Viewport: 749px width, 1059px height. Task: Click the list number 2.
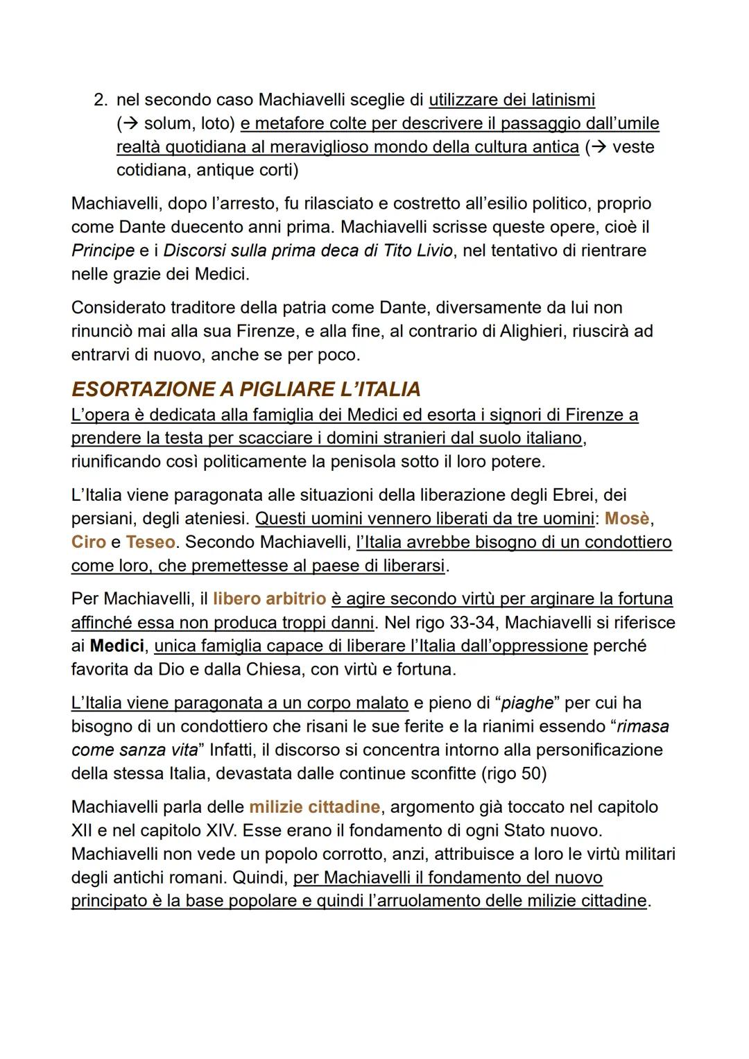[x=99, y=101]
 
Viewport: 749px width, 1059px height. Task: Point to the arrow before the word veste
[x=596, y=147]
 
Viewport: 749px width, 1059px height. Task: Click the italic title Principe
[x=103, y=250]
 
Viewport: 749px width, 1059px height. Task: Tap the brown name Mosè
[x=627, y=519]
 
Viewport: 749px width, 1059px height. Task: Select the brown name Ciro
[x=88, y=542]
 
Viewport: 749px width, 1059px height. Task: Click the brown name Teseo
[x=150, y=542]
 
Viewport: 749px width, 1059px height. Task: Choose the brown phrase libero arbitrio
[x=269, y=599]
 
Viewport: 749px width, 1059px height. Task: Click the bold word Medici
[x=117, y=646]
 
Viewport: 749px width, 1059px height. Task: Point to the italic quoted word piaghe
[x=527, y=703]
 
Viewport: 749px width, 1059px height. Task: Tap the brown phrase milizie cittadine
[x=314, y=807]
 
